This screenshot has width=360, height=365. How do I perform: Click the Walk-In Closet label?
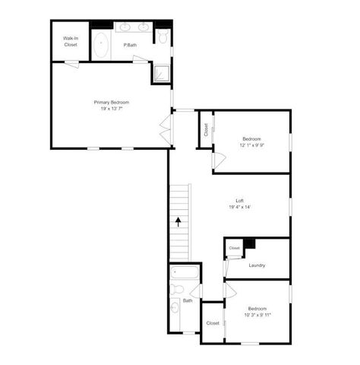[x=71, y=42]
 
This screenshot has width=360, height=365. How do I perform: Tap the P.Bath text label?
[x=131, y=46]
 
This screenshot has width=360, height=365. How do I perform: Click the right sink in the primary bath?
[x=143, y=27]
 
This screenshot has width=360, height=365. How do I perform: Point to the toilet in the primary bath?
[x=162, y=36]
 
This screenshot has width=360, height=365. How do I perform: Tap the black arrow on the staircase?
[x=178, y=222]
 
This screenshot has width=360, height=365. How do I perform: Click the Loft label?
[x=239, y=200]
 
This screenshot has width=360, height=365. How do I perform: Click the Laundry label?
[x=257, y=265]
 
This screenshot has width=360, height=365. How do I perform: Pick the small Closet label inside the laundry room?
[x=235, y=248]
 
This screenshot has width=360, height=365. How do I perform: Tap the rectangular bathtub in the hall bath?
[x=185, y=273]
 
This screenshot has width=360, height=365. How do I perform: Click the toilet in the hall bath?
[x=175, y=290]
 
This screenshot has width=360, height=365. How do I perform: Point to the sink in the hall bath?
[x=175, y=308]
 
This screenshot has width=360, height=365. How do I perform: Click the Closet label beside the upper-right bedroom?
[x=205, y=131]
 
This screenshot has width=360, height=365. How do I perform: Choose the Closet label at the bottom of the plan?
[x=213, y=323]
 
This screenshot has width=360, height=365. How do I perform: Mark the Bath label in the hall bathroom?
[x=188, y=301]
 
